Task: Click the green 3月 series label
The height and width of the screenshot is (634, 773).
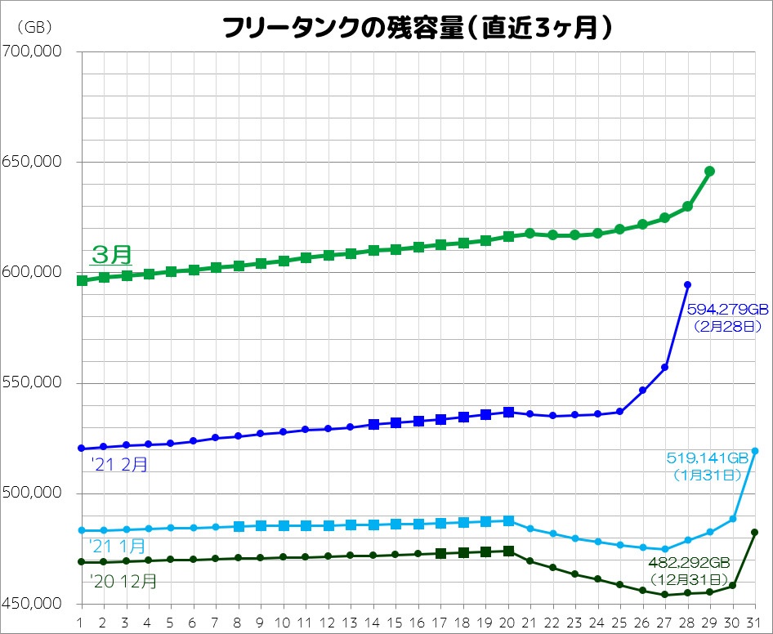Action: [x=111, y=254]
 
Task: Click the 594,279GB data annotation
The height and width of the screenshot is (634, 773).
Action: [x=726, y=310]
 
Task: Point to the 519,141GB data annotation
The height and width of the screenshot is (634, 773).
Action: [x=708, y=458]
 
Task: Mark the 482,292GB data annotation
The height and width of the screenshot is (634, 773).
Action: [x=687, y=563]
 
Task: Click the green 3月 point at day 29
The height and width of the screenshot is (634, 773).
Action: [x=709, y=172]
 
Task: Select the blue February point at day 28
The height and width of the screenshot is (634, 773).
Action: [x=687, y=284]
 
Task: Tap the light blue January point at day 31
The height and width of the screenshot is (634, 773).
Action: [x=754, y=451]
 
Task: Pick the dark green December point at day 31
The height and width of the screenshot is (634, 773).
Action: [x=754, y=533]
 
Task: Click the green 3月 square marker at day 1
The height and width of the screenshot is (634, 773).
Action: [x=82, y=280]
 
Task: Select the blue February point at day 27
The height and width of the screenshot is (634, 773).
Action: [x=665, y=368]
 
